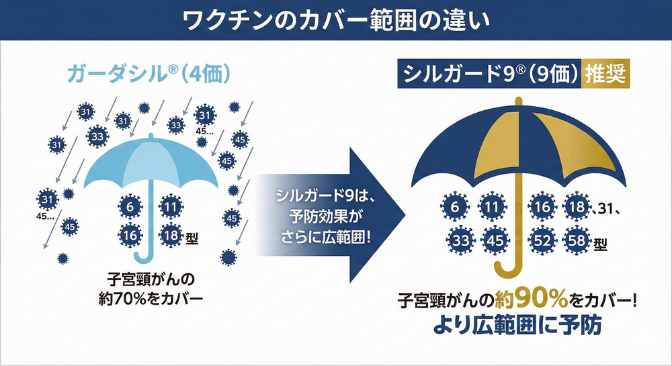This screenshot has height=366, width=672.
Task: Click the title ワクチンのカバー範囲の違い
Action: tap(335, 20)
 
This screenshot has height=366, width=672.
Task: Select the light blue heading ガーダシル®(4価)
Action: tap(149, 74)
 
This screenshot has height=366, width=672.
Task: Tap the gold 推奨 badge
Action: tap(605, 74)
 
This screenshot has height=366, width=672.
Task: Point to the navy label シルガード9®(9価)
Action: tap(489, 74)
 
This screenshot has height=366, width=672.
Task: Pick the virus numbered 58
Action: tap(577, 240)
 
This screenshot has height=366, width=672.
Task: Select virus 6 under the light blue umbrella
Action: tap(130, 207)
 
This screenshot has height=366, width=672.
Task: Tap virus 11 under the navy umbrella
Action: tap(491, 208)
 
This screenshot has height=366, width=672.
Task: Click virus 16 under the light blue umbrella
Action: tap(130, 235)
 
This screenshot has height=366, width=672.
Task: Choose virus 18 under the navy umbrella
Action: tap(577, 207)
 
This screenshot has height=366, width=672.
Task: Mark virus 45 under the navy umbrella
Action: tap(495, 240)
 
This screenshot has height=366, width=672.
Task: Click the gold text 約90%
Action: tap(532, 300)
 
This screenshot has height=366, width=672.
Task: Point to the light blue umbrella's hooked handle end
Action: tap(144, 256)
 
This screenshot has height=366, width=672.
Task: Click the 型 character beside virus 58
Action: tap(600, 244)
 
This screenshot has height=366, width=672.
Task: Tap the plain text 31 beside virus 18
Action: tap(605, 209)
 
